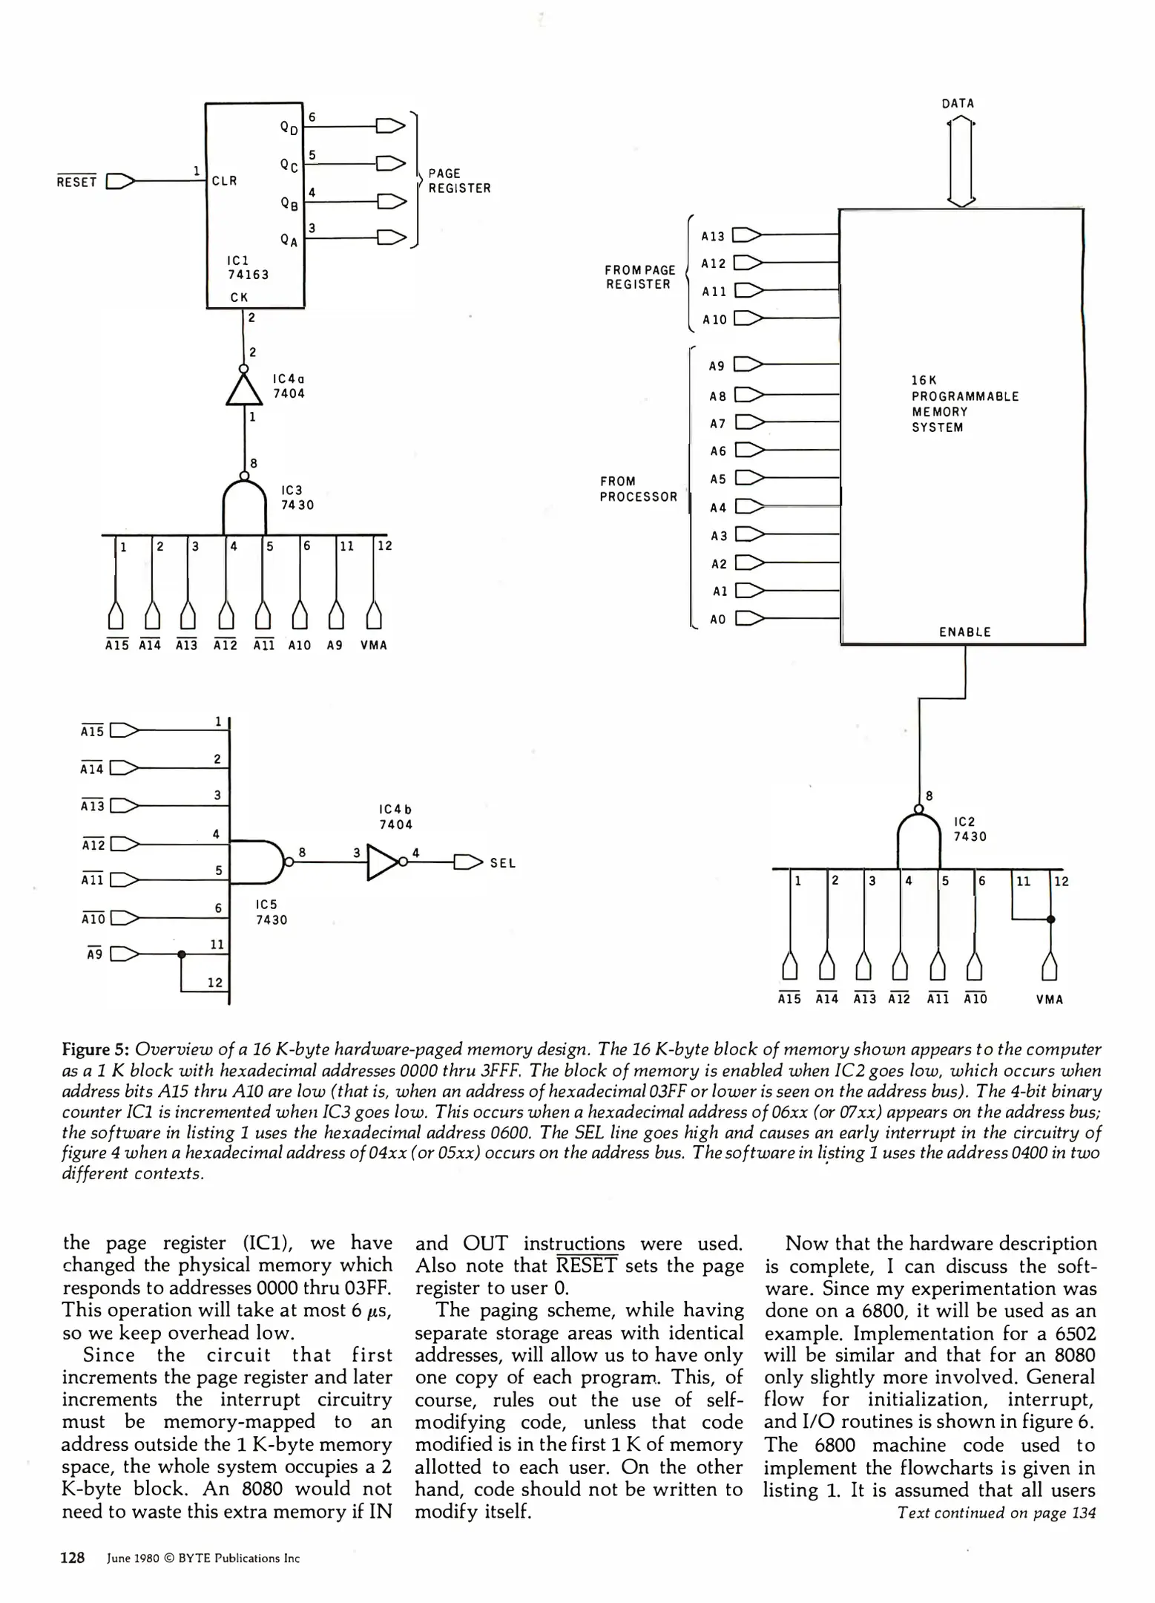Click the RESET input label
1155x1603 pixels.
(76, 182)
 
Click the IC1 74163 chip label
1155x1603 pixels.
(248, 268)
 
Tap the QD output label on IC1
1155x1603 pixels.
(289, 128)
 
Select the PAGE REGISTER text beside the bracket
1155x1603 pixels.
(459, 181)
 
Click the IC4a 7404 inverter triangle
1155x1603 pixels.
(244, 389)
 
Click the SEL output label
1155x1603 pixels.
(502, 863)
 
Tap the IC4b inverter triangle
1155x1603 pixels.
(382, 862)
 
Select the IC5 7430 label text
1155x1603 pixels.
(272, 912)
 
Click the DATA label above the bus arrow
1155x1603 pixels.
(958, 104)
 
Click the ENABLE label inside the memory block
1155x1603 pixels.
(964, 632)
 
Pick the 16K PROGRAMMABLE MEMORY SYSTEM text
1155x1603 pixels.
(964, 404)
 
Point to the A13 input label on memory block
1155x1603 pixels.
(713, 237)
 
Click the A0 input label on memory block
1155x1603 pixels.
(717, 619)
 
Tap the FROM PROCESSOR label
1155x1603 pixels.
(638, 489)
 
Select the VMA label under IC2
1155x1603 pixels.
(1050, 1000)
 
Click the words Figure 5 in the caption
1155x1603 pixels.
(96, 1049)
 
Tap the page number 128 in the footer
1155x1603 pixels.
(73, 1558)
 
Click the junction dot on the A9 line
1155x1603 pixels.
(181, 954)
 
